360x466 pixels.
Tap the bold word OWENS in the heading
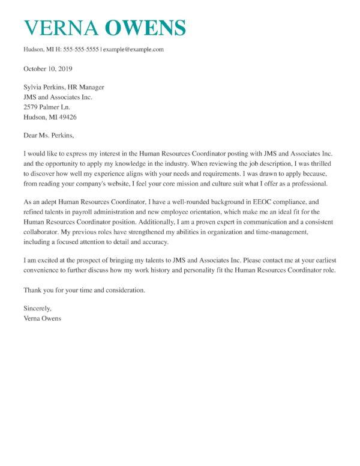click(x=145, y=28)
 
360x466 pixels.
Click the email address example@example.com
click(x=133, y=49)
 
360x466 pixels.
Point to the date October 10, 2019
click(x=48, y=68)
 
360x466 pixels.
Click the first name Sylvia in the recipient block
click(x=35, y=88)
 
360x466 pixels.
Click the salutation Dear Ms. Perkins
click(x=51, y=136)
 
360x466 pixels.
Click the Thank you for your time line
click(x=84, y=290)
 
